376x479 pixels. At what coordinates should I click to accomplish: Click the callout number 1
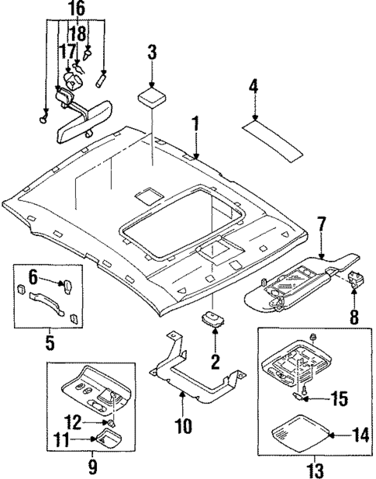[x=196, y=123]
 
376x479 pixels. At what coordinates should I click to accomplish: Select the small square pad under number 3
[x=151, y=97]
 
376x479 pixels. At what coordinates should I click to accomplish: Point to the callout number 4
[x=253, y=86]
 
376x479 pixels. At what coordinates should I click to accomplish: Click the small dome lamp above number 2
[x=212, y=320]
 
